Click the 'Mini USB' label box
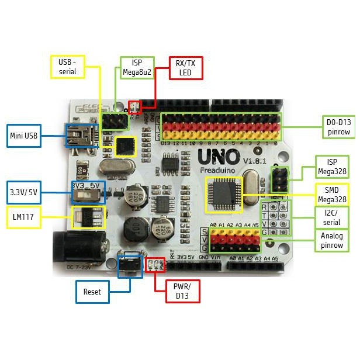point(24,136)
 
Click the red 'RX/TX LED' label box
point(185,68)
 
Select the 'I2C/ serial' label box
point(331,218)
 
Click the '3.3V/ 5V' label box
point(24,191)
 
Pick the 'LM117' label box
point(24,216)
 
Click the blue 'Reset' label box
point(92,292)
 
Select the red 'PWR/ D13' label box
point(177,290)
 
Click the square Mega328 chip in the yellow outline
point(223,193)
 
